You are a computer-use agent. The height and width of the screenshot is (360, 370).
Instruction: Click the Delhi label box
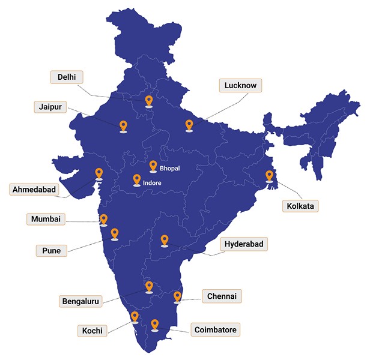coord(67,77)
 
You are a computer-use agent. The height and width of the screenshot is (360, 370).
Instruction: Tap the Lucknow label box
coord(240,86)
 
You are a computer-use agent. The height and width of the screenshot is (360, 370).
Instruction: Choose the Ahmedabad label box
coord(34,190)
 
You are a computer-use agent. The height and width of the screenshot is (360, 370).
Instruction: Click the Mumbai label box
coord(46,219)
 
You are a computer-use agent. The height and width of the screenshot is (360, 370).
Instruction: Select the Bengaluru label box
coord(81,301)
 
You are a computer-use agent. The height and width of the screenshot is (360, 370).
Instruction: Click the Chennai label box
coord(222,296)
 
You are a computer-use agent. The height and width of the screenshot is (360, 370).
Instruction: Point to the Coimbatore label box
coord(216,329)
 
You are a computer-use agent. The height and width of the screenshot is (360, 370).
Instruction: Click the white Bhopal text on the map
coord(170,169)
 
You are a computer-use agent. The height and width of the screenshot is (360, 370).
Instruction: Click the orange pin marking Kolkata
coord(270,176)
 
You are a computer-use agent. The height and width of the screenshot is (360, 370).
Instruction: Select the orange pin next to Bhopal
coord(153,166)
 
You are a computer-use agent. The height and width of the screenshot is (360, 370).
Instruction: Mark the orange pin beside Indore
coord(137,179)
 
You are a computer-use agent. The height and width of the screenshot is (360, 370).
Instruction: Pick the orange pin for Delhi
coord(149,101)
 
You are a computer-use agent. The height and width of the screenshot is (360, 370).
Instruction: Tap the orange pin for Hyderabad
coord(165,240)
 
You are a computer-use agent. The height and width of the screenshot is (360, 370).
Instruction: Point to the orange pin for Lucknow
coord(189,125)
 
